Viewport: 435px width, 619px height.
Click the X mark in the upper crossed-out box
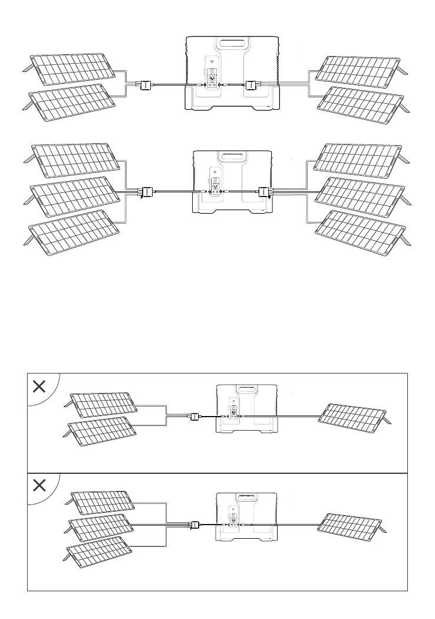coord(39,387)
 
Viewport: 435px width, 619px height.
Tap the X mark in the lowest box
coord(39,486)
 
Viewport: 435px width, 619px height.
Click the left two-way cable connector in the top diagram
coord(144,85)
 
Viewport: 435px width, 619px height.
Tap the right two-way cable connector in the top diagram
coord(250,85)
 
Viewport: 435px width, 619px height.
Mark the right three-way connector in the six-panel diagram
coord(263,191)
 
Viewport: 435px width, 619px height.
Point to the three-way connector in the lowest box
coord(193,524)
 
